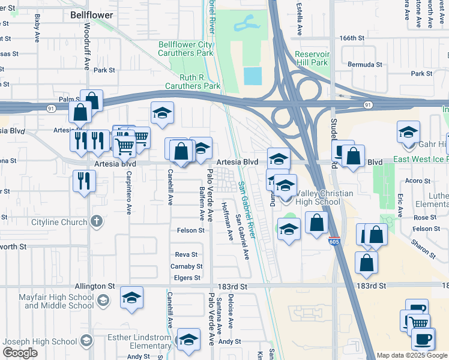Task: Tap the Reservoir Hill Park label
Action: (312, 58)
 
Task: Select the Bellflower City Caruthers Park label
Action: (185, 49)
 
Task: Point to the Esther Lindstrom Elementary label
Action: (139, 341)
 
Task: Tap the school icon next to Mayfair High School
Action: (103, 300)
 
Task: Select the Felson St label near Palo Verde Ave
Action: (191, 230)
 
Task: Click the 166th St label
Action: (352, 37)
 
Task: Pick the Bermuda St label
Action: (364, 64)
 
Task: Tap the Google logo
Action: (20, 353)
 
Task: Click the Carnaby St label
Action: (184, 266)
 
